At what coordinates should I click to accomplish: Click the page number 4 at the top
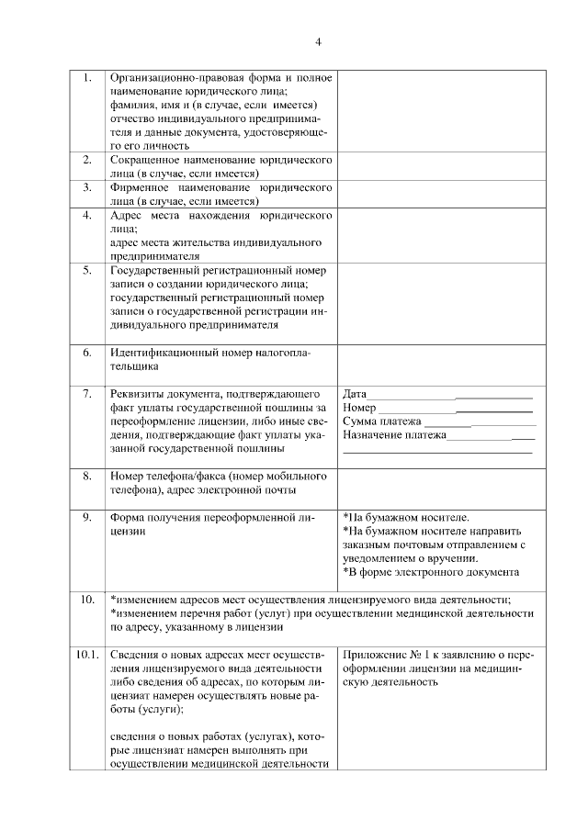(318, 42)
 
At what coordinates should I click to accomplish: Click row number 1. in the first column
(86, 78)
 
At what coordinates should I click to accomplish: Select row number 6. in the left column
(86, 353)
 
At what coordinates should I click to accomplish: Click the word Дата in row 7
(355, 394)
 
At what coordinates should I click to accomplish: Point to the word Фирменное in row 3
(140, 187)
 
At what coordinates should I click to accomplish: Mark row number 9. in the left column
(86, 517)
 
